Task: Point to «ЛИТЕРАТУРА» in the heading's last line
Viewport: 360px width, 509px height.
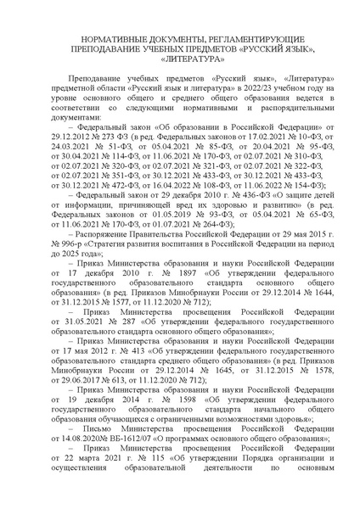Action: coord(180,61)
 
